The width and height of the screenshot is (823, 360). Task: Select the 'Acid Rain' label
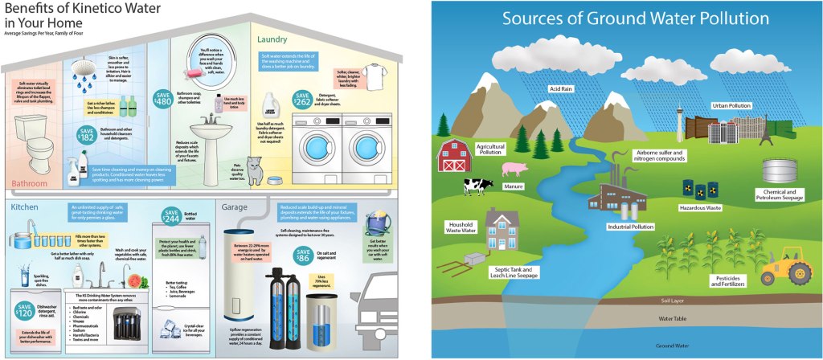(560, 88)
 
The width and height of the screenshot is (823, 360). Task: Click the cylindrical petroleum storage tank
(778, 171)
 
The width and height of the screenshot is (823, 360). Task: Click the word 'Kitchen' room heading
(25, 207)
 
